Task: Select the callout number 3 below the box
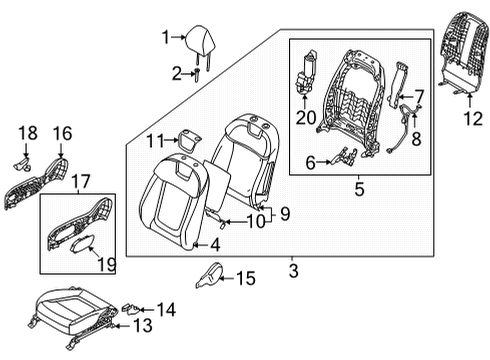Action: pos(293,268)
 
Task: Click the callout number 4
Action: pos(216,243)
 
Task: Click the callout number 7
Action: pos(420,96)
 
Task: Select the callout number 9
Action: pos(283,213)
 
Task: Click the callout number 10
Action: pos(255,221)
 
